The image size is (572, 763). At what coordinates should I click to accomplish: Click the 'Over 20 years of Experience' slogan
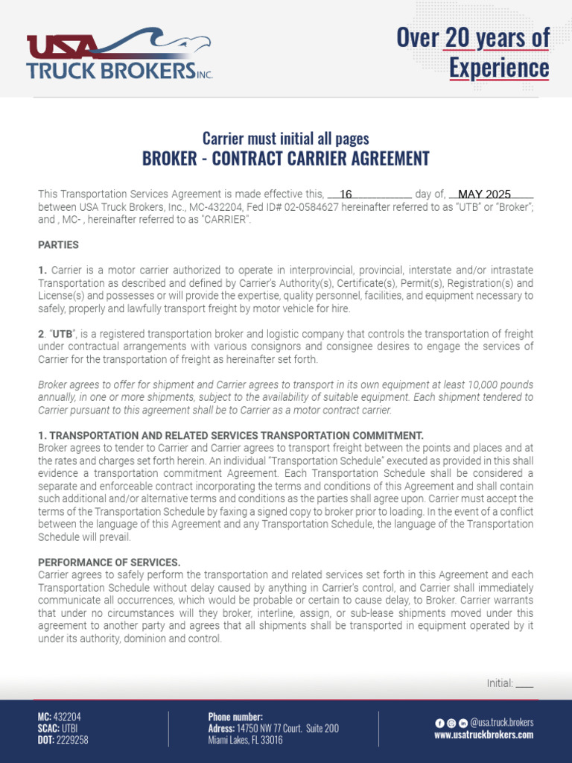click(x=473, y=52)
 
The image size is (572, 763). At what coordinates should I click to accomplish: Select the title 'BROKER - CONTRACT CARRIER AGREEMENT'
click(x=286, y=159)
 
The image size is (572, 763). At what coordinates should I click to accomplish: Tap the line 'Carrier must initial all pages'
click(x=286, y=139)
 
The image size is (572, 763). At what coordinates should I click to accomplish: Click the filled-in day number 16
click(x=346, y=194)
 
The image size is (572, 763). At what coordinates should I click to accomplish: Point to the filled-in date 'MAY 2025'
click(x=484, y=194)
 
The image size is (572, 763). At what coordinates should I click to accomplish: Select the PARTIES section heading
click(x=58, y=244)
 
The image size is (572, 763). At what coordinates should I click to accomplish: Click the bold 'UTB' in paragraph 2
click(x=62, y=334)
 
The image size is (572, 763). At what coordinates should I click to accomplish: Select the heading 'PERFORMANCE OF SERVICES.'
click(x=109, y=562)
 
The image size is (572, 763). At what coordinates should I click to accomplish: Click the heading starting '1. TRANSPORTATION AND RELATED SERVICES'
click(x=231, y=435)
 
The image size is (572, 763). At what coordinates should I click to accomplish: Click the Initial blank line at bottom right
click(x=524, y=683)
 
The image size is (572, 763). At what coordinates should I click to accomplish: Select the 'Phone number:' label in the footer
click(x=235, y=717)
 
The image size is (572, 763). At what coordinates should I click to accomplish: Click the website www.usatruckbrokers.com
click(x=483, y=735)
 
